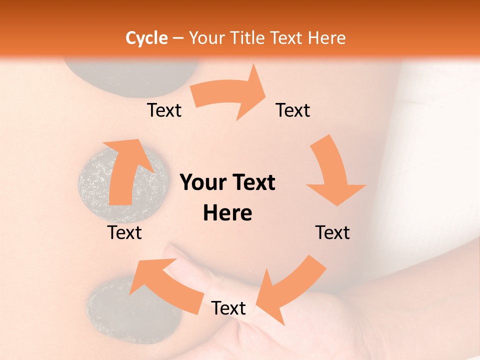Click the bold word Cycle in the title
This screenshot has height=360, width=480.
[x=146, y=38]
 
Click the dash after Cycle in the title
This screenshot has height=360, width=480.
[x=177, y=38]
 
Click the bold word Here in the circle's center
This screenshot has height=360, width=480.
[x=227, y=213]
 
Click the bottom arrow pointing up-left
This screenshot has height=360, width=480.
[x=170, y=285]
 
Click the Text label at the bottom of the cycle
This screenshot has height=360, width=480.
[x=228, y=308]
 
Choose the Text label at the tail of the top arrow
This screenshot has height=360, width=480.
[x=164, y=110]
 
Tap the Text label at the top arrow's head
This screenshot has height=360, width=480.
[x=293, y=110]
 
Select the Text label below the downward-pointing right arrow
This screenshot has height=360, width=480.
[x=332, y=232]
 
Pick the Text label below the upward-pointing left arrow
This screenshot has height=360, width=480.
[x=124, y=232]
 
